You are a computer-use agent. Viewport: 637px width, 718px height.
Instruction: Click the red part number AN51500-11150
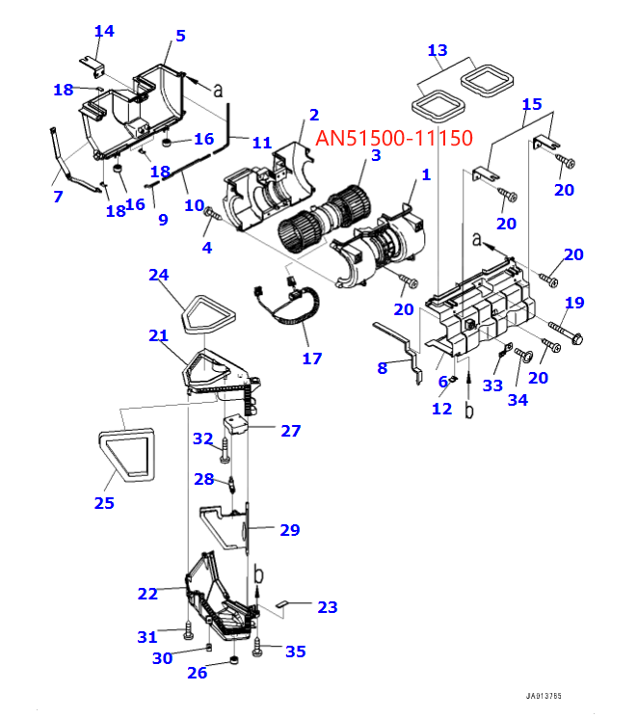(393, 139)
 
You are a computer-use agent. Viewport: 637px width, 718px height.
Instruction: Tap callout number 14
(103, 31)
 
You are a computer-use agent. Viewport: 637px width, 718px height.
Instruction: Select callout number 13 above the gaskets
(437, 49)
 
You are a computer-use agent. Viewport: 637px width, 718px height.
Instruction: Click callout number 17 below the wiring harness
(311, 359)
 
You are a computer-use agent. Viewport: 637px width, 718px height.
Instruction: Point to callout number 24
(158, 275)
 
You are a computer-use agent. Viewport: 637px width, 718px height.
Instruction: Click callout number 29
(289, 529)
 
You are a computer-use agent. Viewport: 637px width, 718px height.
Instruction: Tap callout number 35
(295, 652)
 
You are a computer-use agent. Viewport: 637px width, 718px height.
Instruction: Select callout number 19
(573, 303)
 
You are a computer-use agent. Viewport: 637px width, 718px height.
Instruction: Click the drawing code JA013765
(544, 695)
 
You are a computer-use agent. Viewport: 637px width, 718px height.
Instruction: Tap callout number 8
(383, 367)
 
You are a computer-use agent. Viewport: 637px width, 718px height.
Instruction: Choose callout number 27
(290, 431)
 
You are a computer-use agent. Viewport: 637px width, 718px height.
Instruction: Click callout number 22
(147, 594)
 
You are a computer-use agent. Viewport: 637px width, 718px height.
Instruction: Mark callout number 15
(532, 104)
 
